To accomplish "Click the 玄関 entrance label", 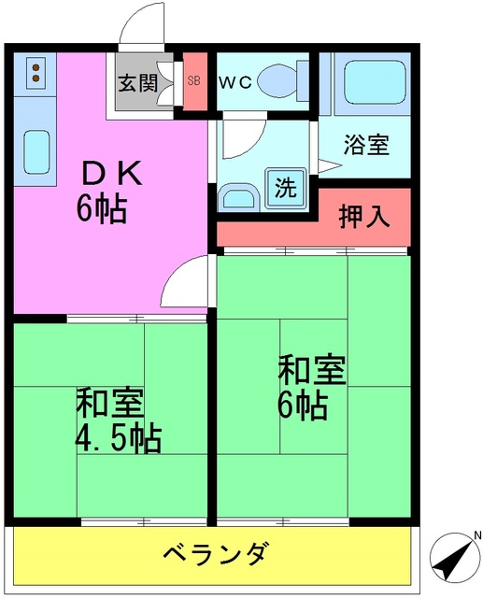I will point(135,82).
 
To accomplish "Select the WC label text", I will point(234,81).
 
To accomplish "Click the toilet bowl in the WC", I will point(279,78).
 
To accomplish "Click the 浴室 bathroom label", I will point(365,146).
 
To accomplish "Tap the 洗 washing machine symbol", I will point(284,186).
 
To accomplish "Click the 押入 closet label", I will point(362,217).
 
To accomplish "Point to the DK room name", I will point(111,173).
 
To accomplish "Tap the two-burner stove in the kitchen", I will point(34,73).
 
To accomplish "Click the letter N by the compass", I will point(476,535).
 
